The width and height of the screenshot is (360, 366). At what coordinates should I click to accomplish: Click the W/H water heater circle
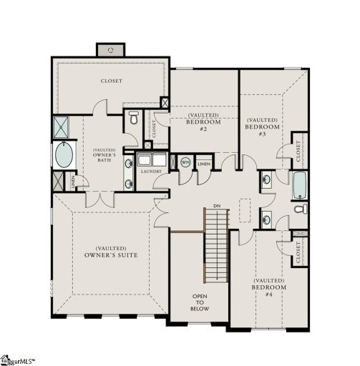[x=185, y=162]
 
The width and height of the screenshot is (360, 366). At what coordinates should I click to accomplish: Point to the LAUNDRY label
[x=151, y=172]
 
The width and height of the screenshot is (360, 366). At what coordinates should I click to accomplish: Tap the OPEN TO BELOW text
[x=200, y=303]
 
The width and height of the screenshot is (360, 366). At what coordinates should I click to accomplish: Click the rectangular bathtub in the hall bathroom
[x=300, y=184]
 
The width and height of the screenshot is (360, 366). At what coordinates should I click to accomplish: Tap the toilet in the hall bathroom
[x=301, y=209]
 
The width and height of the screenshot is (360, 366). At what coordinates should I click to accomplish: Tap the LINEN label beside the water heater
[x=204, y=164]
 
